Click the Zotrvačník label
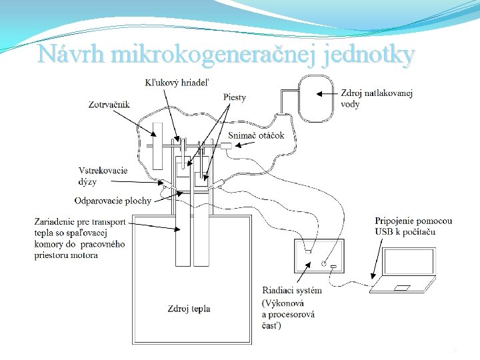click(x=109, y=104)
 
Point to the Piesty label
click(x=234, y=97)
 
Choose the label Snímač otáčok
click(x=256, y=135)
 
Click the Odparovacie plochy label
click(x=113, y=201)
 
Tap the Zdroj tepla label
click(x=189, y=309)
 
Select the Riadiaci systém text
click(x=292, y=290)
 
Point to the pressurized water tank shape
click(x=317, y=98)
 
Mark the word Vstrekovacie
click(x=103, y=171)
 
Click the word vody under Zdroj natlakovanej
click(x=350, y=104)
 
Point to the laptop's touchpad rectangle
click(x=402, y=288)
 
